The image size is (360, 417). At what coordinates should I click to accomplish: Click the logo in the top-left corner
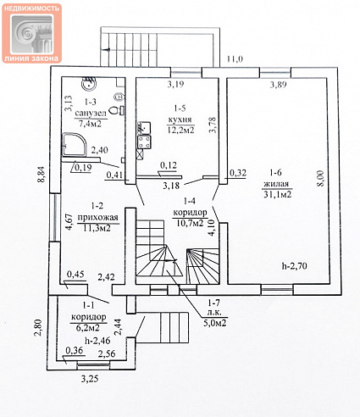31,33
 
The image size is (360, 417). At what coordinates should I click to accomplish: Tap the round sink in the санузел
89,84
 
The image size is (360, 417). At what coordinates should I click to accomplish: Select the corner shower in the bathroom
75,145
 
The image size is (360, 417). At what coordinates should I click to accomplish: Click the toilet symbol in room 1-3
115,109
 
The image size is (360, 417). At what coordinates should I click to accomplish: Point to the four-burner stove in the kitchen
144,142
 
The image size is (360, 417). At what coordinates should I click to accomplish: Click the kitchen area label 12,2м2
181,130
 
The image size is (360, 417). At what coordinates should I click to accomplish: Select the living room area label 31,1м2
278,194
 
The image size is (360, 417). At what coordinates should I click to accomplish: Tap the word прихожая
97,217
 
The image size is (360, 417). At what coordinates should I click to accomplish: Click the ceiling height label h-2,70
295,265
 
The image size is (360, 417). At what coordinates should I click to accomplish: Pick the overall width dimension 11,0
235,59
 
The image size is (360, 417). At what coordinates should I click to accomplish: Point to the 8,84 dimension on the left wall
42,175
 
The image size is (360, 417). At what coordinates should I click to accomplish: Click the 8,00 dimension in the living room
322,178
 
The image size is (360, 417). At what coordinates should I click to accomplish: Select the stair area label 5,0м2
215,322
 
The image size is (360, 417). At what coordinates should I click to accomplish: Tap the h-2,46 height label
97,341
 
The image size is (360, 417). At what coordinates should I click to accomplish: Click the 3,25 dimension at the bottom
90,379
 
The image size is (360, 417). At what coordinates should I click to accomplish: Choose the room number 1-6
275,172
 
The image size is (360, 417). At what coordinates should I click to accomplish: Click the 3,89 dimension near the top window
279,85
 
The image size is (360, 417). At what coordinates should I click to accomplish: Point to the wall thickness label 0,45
75,274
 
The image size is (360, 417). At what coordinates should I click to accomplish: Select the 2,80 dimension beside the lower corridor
38,327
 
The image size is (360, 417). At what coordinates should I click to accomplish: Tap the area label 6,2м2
87,328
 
